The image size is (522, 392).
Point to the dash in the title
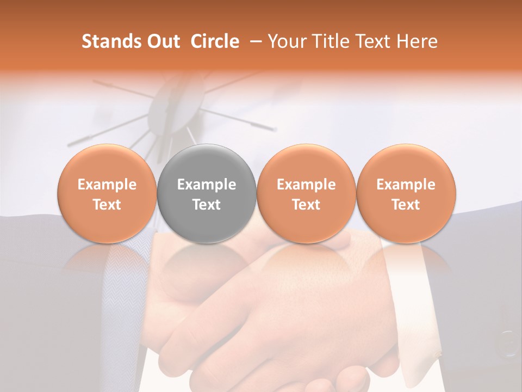253,41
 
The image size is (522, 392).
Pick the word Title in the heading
331,41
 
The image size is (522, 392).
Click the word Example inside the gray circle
207,185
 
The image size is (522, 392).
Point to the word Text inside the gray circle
207,205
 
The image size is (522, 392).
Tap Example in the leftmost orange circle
107,185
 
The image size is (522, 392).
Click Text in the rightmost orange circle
406,205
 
